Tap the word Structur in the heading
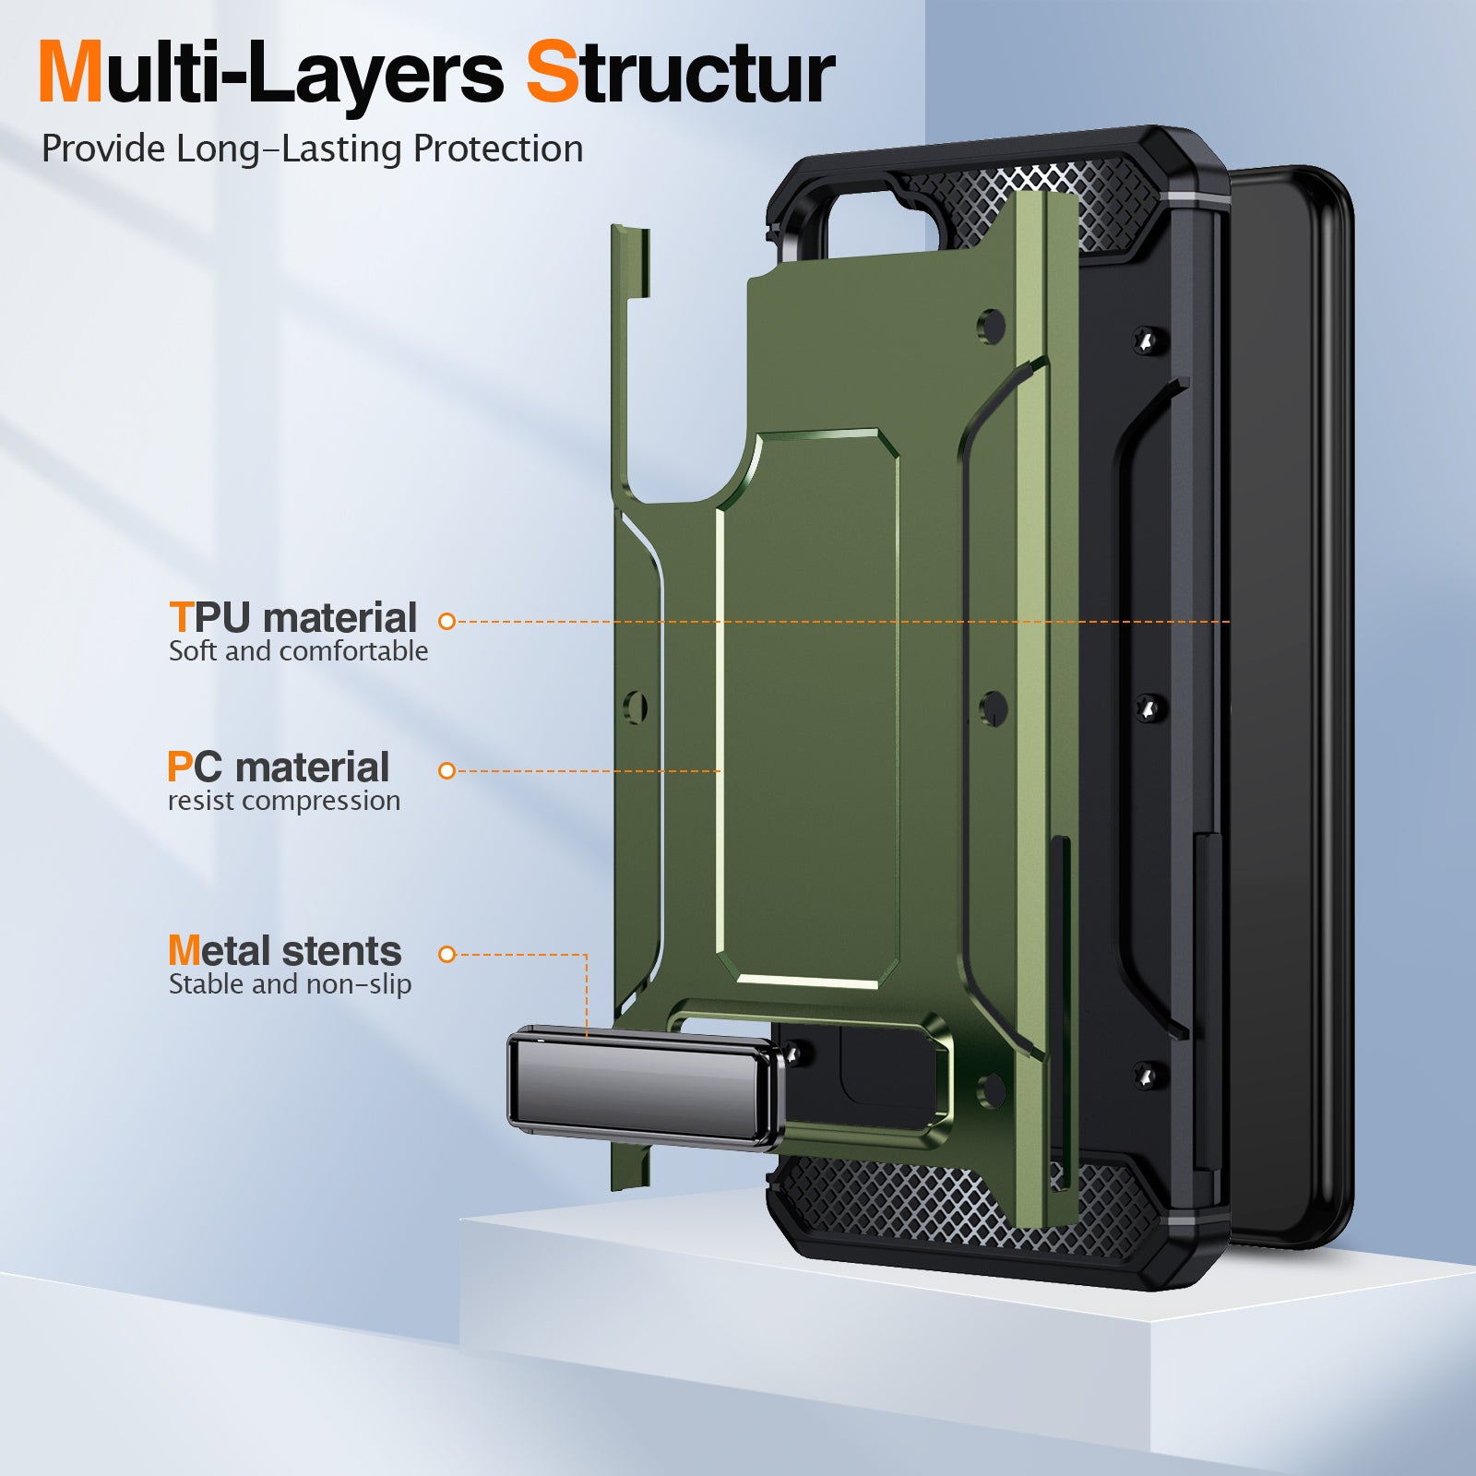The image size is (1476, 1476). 680,74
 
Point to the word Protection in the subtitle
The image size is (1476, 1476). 497,149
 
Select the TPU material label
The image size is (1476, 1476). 293,617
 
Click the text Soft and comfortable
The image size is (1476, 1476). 298,651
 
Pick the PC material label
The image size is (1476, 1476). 279,768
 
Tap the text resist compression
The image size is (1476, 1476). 284,801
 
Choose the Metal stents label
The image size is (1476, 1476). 284,951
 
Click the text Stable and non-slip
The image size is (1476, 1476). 290,984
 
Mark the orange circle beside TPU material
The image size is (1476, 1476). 447,622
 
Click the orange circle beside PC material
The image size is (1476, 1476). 447,771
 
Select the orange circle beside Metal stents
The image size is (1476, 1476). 447,955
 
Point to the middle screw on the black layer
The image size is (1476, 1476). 1149,708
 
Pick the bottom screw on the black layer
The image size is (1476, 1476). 1147,1075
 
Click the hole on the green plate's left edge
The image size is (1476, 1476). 636,708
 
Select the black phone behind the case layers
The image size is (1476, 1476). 1291,701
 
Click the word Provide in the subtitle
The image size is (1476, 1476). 103,149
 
